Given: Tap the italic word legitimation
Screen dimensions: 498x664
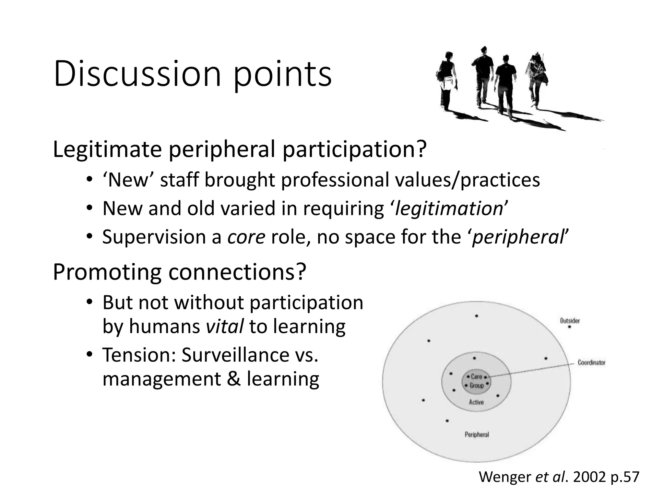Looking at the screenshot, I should [x=449, y=209].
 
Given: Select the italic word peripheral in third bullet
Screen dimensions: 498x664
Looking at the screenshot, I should [x=518, y=237].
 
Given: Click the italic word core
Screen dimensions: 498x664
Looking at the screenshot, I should [x=246, y=237].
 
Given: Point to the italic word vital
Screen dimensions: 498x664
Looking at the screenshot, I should [x=225, y=326].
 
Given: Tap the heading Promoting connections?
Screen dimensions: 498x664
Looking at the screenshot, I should [x=179, y=272].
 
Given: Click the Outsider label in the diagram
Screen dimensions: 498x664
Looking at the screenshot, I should [x=570, y=321].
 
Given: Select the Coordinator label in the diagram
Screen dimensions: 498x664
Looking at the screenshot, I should [x=591, y=362].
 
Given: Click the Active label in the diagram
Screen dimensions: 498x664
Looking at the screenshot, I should [x=476, y=402].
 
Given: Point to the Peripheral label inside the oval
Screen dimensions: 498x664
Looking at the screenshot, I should [x=477, y=434].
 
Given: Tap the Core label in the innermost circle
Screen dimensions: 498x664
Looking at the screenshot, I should [x=476, y=377].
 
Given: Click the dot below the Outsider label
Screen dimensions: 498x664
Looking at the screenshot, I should [x=570, y=327].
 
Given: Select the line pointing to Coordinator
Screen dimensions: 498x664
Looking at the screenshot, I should [x=532, y=370].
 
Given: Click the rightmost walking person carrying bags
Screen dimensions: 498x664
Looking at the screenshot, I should [x=537, y=79].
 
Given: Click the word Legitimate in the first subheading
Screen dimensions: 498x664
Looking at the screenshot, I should [x=107, y=149].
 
